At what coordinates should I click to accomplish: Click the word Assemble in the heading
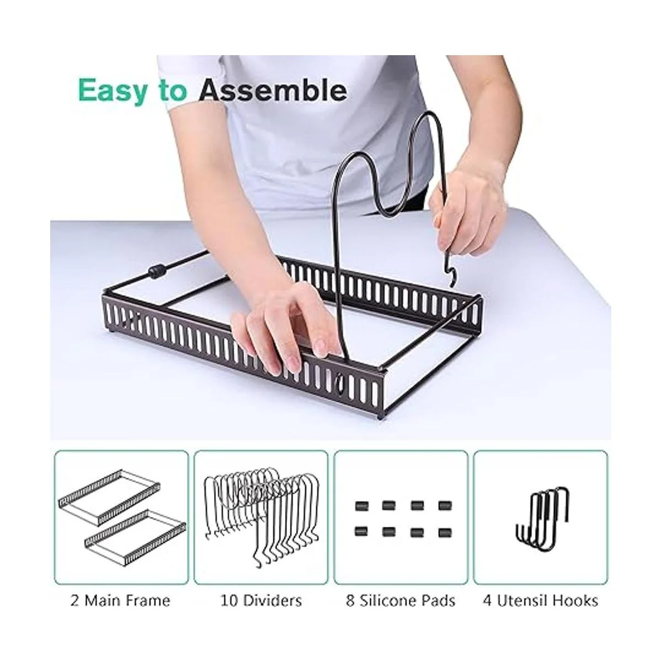click(273, 90)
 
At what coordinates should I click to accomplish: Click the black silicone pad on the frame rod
click(157, 271)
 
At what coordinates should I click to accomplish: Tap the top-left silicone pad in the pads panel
click(360, 505)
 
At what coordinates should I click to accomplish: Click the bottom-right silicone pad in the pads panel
click(445, 532)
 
